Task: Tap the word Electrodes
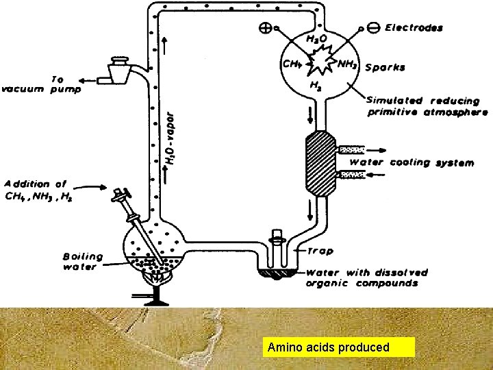click(x=414, y=28)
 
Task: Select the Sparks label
click(x=385, y=68)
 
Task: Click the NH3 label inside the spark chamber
click(x=347, y=64)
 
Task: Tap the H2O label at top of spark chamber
click(x=316, y=40)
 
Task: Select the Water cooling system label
click(x=412, y=162)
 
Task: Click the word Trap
click(x=320, y=251)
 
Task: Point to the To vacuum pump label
click(x=42, y=84)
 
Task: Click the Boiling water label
click(x=83, y=262)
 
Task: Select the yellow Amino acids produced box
click(x=339, y=347)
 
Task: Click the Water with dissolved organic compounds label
click(x=366, y=277)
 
